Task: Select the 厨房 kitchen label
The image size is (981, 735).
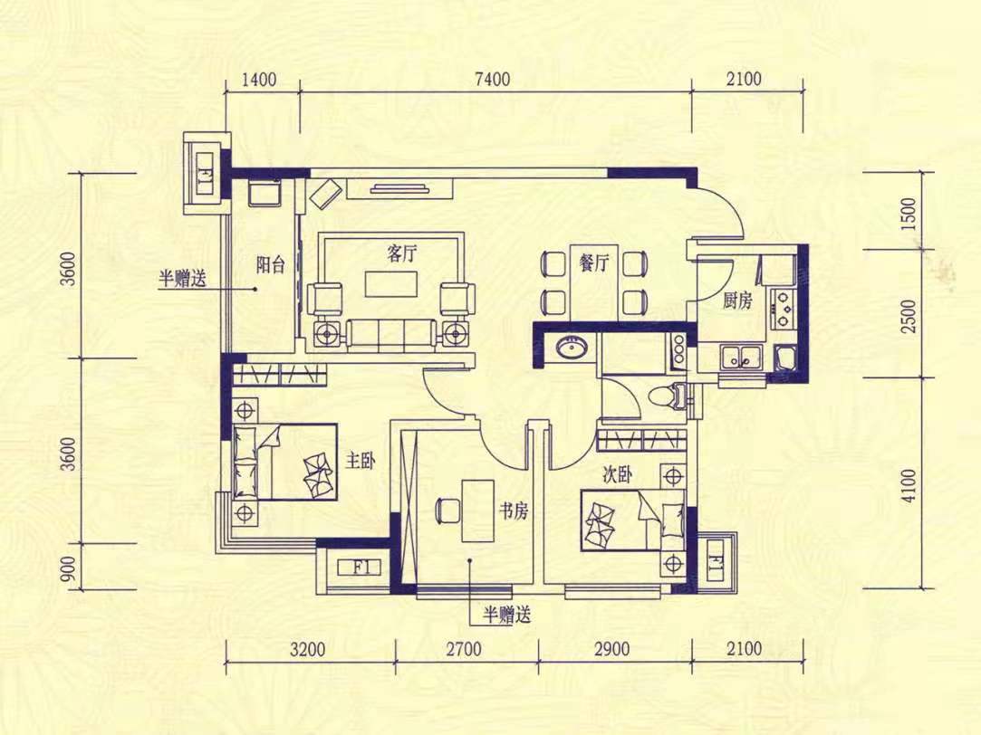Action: [737, 302]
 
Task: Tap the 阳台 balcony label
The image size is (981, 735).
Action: [270, 265]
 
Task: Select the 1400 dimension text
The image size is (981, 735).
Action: [258, 80]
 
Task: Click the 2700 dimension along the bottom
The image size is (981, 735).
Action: [464, 649]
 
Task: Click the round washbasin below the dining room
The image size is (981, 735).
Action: [571, 348]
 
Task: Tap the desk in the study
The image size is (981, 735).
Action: [476, 510]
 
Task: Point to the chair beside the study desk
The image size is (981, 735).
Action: [447, 510]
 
